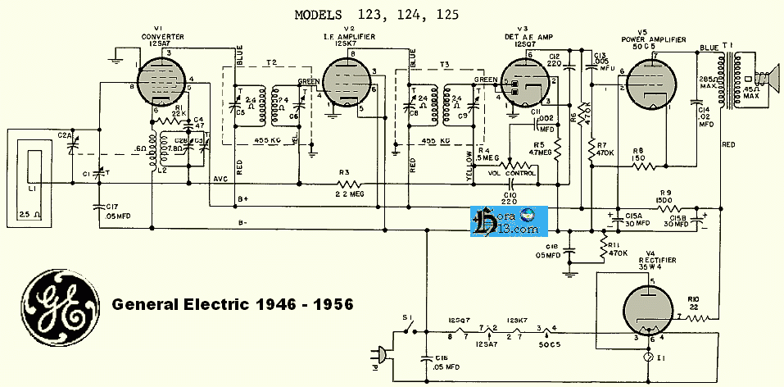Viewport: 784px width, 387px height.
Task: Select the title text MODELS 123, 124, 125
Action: click(379, 14)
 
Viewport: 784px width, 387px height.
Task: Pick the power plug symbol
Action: click(379, 355)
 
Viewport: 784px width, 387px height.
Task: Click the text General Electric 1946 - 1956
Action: click(233, 304)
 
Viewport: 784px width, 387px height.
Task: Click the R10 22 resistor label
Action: click(694, 303)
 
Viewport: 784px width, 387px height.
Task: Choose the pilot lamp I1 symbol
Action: click(648, 360)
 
